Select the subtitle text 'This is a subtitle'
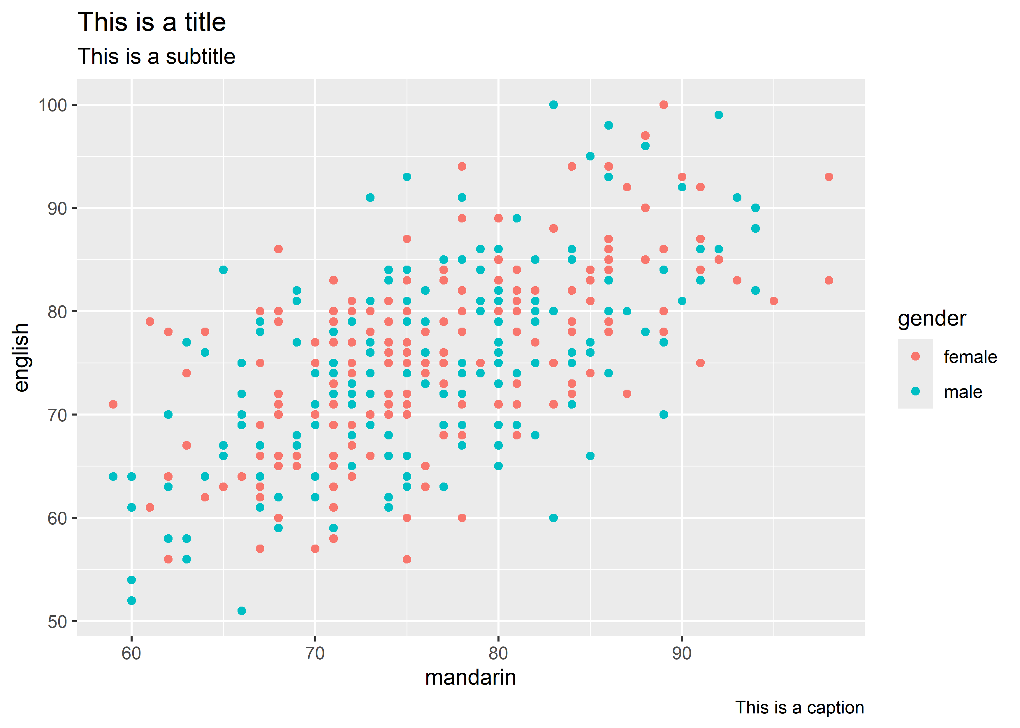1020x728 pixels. (x=156, y=56)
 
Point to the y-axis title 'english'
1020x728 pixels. (x=21, y=357)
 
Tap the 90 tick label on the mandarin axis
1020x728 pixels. (x=682, y=653)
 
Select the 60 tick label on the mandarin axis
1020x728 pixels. (x=131, y=653)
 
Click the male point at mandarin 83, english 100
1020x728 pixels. (x=553, y=105)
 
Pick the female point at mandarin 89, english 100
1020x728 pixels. (x=663, y=105)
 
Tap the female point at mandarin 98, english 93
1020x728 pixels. (x=829, y=177)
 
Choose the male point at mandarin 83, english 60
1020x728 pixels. (x=553, y=518)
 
